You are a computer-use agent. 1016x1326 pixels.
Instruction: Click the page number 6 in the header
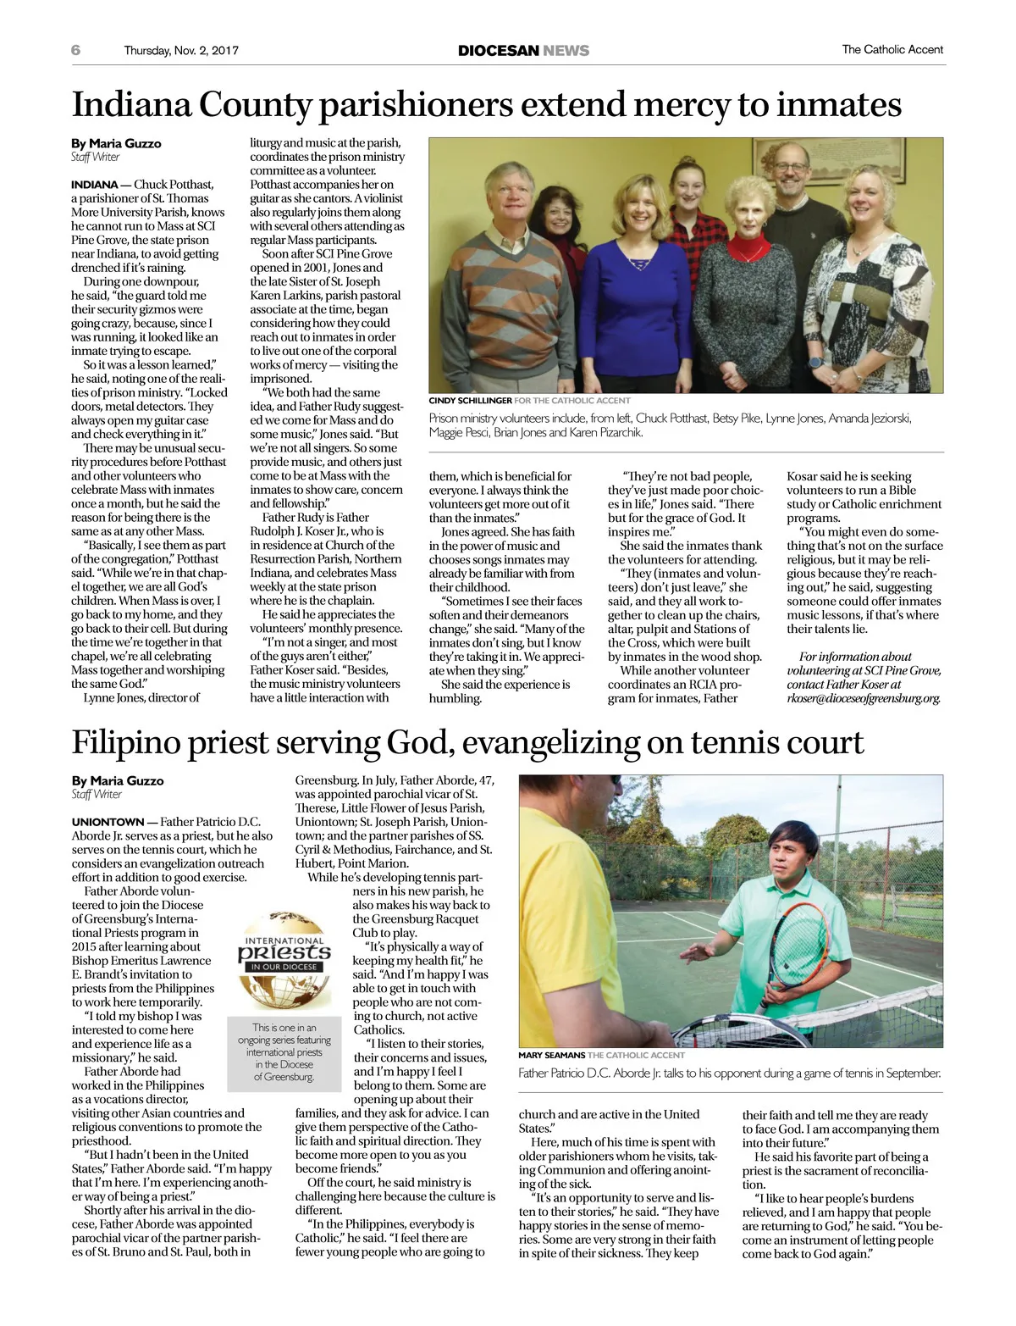click(76, 50)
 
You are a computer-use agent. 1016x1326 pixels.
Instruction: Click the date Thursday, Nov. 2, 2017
click(181, 50)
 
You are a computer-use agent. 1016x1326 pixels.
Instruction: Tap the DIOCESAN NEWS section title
click(523, 50)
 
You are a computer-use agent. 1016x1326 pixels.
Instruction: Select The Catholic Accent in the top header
click(892, 50)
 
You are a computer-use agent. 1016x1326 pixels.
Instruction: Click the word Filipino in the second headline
click(124, 742)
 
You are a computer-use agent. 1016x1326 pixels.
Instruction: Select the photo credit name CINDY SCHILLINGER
click(470, 401)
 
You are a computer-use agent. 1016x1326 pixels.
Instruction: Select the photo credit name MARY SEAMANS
click(551, 1055)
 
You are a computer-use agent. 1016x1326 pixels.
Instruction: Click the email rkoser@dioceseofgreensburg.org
click(864, 698)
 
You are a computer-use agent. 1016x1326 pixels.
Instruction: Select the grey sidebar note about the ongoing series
click(284, 1051)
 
